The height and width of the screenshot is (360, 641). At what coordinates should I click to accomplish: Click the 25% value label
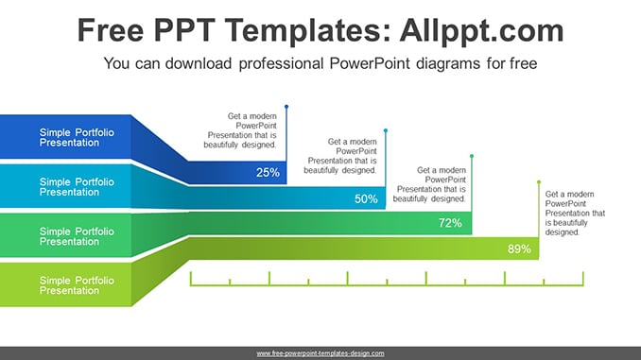point(268,172)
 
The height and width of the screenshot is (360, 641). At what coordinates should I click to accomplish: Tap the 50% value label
point(366,199)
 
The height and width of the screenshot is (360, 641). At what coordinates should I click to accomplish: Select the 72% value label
point(450,223)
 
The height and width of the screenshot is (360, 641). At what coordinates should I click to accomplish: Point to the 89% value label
point(519,249)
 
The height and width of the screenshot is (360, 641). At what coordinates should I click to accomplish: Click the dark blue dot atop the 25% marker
point(286,107)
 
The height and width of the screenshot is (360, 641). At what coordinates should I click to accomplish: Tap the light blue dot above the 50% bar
point(386,130)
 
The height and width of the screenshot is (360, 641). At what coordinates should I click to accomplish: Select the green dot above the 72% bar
point(472,156)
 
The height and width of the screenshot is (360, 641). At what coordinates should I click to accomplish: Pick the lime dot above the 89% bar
point(539,182)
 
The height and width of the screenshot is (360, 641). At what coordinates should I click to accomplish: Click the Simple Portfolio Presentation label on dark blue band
point(77,137)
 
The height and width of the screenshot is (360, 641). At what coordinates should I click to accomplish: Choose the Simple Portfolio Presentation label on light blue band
point(77,187)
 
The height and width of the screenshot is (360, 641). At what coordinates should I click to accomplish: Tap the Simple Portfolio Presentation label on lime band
point(77,285)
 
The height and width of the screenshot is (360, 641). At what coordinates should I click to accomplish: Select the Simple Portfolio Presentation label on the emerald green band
point(77,236)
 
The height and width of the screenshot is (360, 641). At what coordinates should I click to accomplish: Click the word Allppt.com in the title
point(481,31)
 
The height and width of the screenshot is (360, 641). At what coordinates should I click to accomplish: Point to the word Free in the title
point(111,30)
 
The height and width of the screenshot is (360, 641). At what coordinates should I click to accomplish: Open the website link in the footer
point(320,353)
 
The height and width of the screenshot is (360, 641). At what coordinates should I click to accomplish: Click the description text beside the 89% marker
point(575,213)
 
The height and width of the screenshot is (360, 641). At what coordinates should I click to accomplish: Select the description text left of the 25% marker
point(240,130)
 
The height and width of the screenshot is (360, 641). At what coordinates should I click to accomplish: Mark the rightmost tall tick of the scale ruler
point(583,279)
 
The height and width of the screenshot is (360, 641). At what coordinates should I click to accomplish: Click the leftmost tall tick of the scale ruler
point(190,279)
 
